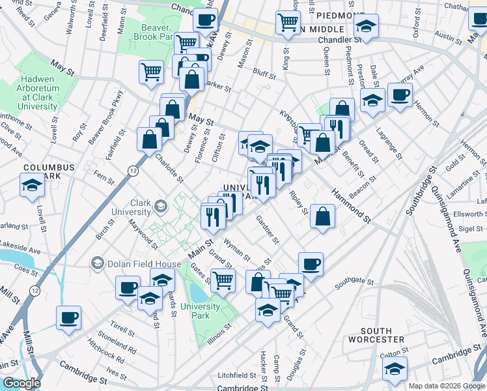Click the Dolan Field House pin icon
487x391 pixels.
tap(98, 263)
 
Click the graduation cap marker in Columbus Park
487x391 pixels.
tap(31, 186)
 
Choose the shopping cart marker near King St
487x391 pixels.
tap(286, 23)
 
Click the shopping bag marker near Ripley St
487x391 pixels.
tap(322, 217)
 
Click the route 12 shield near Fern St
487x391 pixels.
tap(133, 170)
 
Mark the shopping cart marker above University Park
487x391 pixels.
tap(223, 281)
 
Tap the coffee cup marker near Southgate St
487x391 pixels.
tap(311, 264)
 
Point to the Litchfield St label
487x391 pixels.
tap(237, 375)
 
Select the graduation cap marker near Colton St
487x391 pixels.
tap(395, 369)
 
